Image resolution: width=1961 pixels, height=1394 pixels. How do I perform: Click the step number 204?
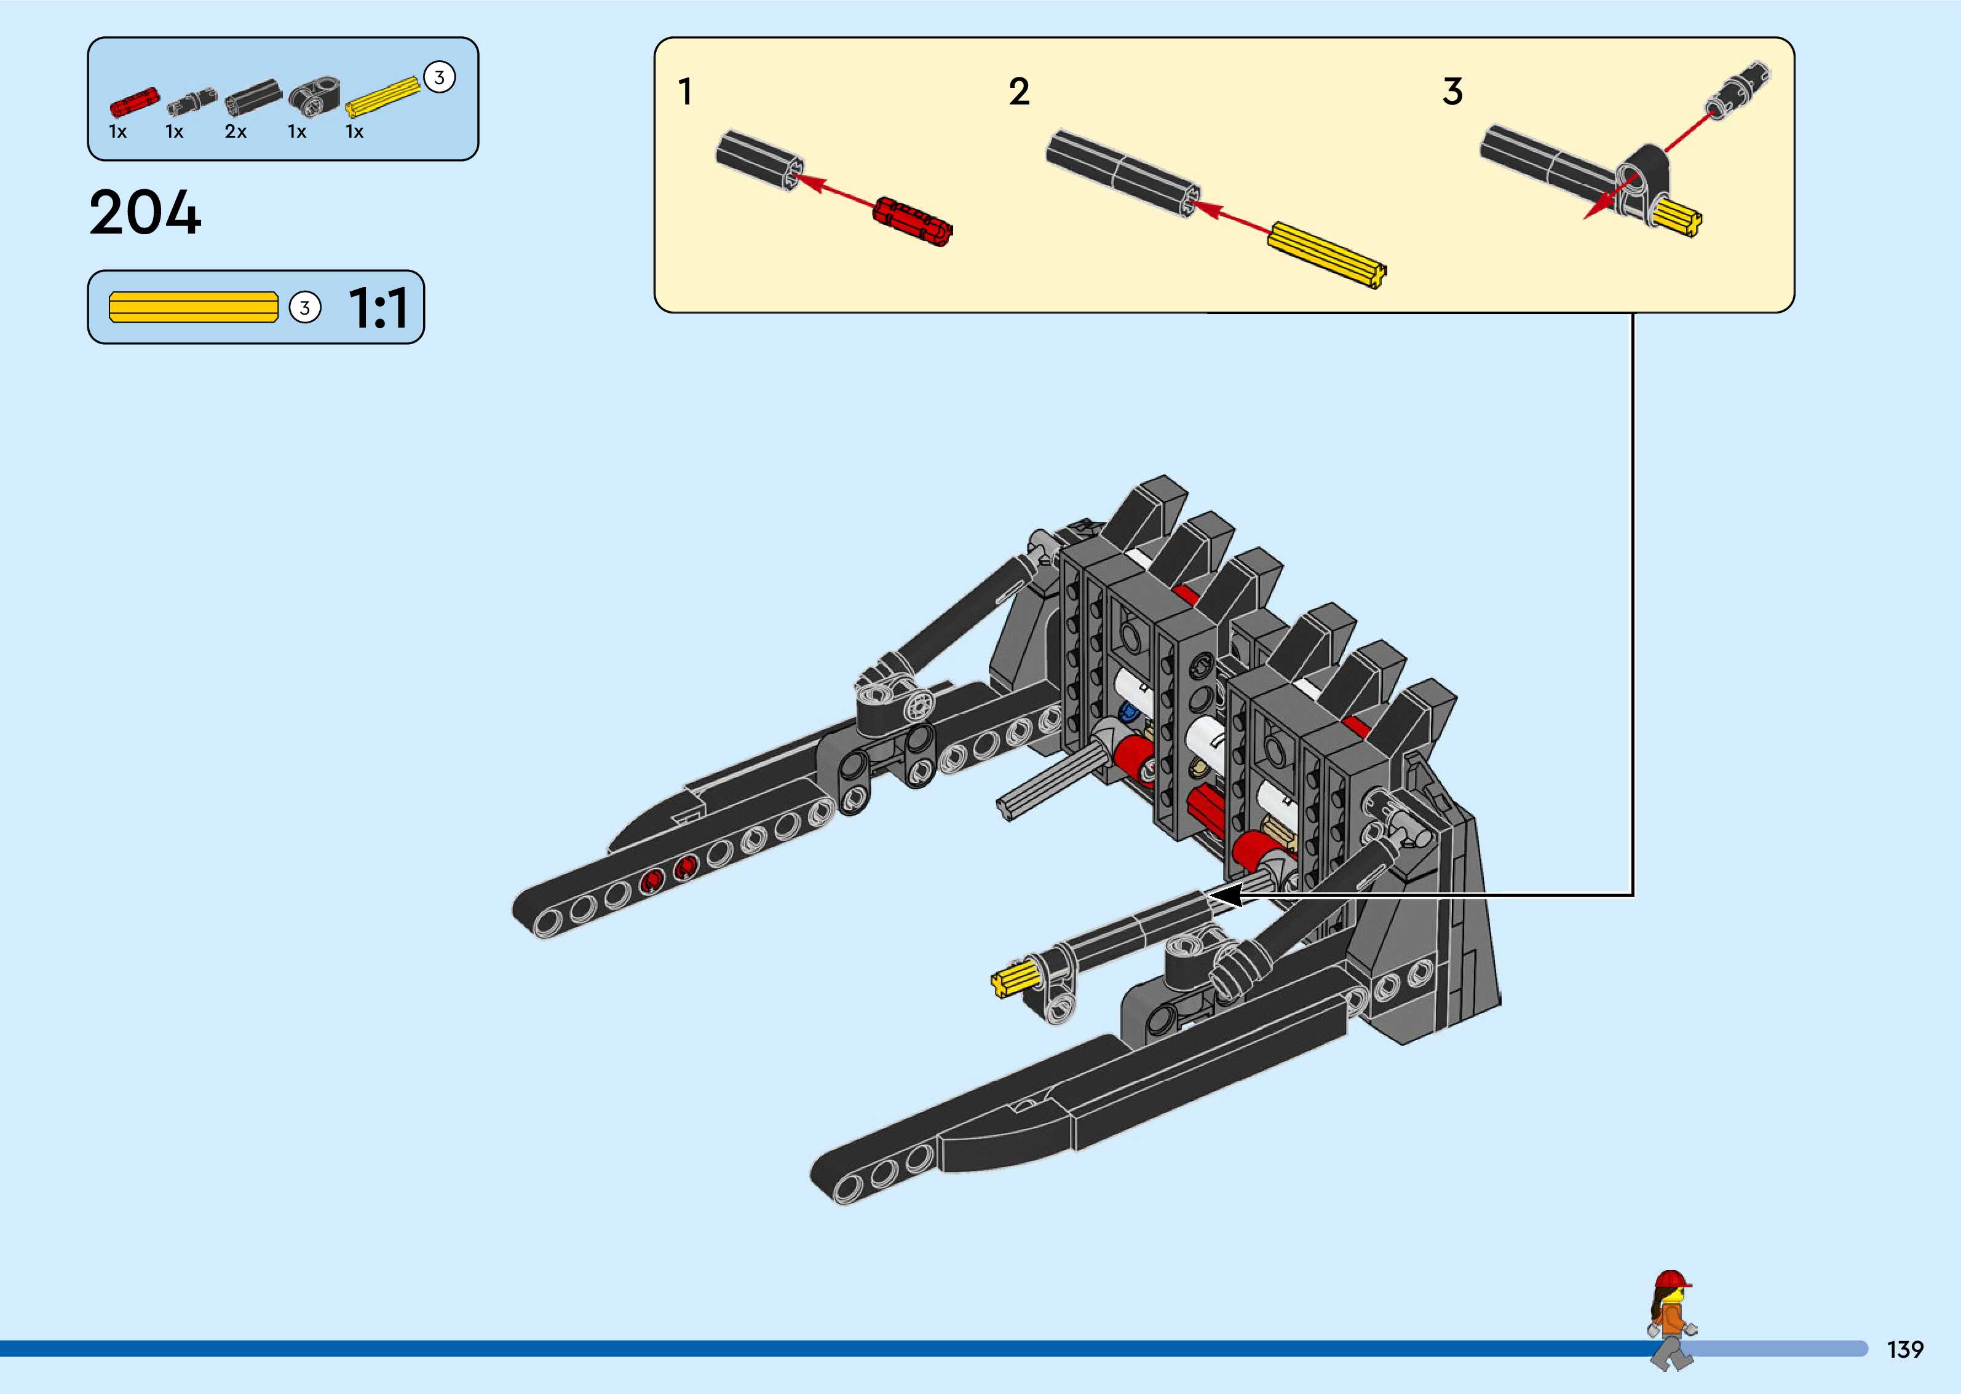[x=145, y=212]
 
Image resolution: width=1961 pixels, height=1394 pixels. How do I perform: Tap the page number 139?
[x=1904, y=1349]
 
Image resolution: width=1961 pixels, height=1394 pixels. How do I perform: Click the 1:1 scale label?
[x=378, y=308]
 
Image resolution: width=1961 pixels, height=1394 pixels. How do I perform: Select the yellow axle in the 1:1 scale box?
[x=193, y=307]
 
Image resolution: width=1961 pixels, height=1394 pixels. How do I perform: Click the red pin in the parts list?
[x=135, y=101]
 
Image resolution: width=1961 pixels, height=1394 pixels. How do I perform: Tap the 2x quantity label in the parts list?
[x=236, y=132]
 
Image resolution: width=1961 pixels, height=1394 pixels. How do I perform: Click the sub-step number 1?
[x=685, y=92]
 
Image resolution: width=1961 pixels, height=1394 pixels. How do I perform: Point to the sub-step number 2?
[x=1018, y=92]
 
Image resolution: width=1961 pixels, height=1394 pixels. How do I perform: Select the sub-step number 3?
[x=1452, y=92]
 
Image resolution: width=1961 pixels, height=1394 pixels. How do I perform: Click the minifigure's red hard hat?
[x=1670, y=1282]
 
